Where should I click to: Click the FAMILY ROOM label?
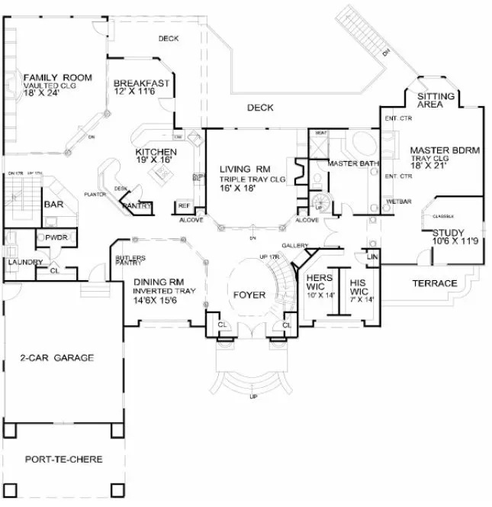pos(57,78)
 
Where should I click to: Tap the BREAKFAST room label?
pos(141,84)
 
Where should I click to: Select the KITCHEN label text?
pos(156,152)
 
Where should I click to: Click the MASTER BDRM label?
pos(445,150)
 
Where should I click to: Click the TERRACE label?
pos(434,283)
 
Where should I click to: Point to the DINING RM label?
pos(157,282)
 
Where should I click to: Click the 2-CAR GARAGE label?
pos(57,357)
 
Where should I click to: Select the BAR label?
pos(53,205)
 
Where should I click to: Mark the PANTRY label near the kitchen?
pos(137,206)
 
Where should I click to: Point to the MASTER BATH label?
pos(349,164)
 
